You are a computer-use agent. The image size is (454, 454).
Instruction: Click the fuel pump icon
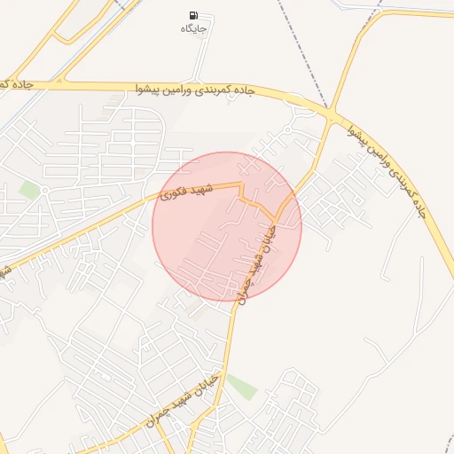[x=193, y=15]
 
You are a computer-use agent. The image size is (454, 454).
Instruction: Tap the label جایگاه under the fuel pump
[x=193, y=29]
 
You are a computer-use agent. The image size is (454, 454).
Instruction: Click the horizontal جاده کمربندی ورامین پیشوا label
[x=196, y=90]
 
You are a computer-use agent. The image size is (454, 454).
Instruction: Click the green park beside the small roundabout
[x=30, y=190]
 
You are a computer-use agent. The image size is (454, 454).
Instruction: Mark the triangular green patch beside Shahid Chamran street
[x=241, y=387]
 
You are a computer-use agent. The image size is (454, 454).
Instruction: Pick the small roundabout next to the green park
[x=43, y=189]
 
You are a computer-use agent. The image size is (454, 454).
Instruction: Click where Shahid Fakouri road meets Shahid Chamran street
[x=275, y=219]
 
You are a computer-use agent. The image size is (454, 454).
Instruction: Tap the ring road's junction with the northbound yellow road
[x=333, y=116]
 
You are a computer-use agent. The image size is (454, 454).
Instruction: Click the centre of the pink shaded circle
[x=227, y=226]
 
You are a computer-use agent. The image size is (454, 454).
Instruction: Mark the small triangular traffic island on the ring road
[x=295, y=100]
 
